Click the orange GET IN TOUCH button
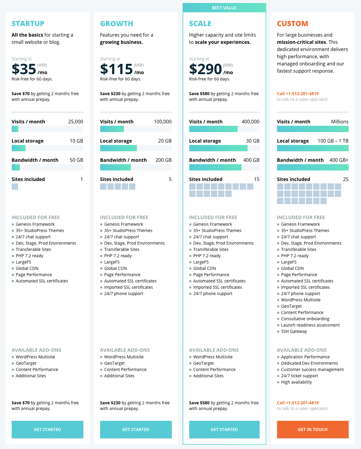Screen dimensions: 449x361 coord(313,429)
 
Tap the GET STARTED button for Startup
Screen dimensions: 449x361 coord(47,429)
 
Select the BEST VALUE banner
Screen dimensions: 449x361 coord(224,8)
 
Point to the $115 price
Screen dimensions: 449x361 coord(116,69)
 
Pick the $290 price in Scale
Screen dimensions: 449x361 coord(205,69)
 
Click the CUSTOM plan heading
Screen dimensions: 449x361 coord(292,24)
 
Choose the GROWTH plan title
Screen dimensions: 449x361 coord(116,24)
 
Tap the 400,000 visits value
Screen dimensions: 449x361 coord(250,122)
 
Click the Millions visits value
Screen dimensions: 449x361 coord(340,122)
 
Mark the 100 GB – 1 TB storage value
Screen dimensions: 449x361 coord(333,141)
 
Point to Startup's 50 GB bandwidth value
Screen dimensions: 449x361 coord(76,160)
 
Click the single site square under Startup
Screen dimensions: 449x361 coord(15,186)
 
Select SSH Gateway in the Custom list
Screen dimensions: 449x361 coord(294,331)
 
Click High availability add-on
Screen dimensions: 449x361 coord(296,382)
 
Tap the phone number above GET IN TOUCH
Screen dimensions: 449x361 coord(298,403)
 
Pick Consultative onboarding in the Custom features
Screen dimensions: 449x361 coord(305,319)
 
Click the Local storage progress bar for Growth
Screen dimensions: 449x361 coord(136,148)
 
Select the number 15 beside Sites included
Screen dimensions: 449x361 coord(257,179)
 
